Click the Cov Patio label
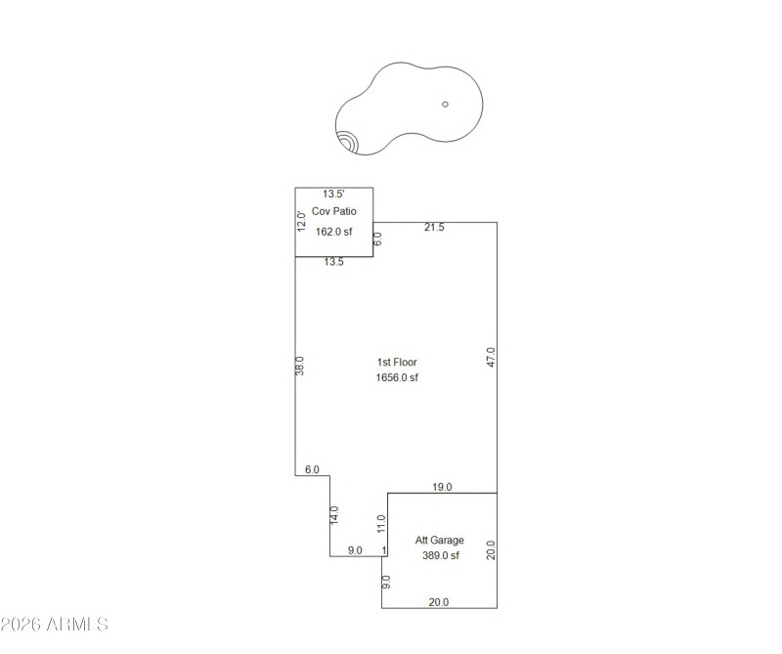(333, 211)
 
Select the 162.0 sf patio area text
(333, 232)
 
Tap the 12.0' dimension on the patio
(302, 221)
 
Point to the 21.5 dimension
(434, 228)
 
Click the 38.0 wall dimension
(301, 365)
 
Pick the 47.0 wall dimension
(492, 357)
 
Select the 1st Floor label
(397, 363)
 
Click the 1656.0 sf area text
(397, 378)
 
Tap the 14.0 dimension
(335, 514)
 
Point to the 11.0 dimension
(382, 525)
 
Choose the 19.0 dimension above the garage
(442, 487)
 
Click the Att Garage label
(439, 541)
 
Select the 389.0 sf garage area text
(439, 556)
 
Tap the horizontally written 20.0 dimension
(439, 603)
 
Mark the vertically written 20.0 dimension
(492, 550)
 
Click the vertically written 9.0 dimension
(387, 582)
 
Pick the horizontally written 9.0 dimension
(355, 551)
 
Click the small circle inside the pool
(445, 104)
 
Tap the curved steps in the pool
(346, 143)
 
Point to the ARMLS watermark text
(54, 624)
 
